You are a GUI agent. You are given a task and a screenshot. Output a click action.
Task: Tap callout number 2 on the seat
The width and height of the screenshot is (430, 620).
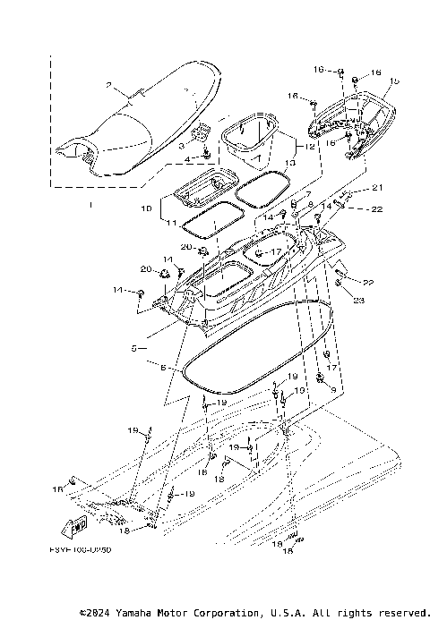click(x=109, y=87)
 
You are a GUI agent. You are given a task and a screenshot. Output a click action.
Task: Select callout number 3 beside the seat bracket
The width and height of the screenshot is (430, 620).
click(x=182, y=145)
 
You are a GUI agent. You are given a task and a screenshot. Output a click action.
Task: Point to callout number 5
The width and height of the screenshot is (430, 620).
click(x=133, y=347)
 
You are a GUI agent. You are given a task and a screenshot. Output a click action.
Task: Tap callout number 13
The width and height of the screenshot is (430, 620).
click(x=288, y=163)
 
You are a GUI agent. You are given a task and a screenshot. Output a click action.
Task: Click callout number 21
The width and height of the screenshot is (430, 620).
click(x=377, y=187)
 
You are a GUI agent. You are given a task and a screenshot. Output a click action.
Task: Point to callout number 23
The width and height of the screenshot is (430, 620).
click(x=358, y=301)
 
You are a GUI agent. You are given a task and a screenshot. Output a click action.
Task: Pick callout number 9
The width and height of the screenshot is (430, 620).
click(x=333, y=390)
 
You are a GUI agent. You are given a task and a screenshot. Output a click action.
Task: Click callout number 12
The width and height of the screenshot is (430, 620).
click(x=309, y=145)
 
